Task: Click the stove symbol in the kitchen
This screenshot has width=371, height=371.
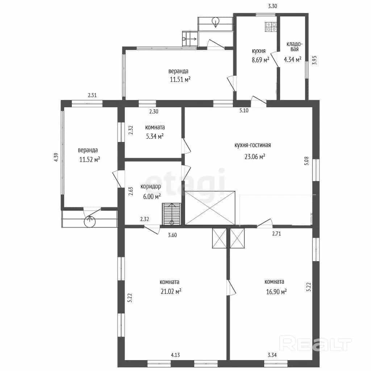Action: click(x=271, y=27)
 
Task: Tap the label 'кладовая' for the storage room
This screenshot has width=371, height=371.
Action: click(x=294, y=47)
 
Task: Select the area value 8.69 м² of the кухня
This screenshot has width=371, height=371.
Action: click(x=260, y=60)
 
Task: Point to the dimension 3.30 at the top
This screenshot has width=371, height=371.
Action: click(x=272, y=6)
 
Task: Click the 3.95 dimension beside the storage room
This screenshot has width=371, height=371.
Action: click(x=314, y=61)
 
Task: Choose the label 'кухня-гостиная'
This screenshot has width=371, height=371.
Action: click(x=253, y=145)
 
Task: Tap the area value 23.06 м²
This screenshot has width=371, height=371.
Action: click(x=255, y=157)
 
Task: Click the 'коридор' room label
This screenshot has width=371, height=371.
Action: click(x=151, y=187)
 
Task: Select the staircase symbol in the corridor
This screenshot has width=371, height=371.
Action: click(x=172, y=214)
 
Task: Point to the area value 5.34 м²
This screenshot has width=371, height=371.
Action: click(x=155, y=136)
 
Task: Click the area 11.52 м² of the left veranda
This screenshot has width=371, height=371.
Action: click(x=89, y=159)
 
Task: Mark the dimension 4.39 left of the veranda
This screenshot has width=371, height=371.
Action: click(x=56, y=157)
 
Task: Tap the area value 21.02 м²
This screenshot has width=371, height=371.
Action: click(x=171, y=291)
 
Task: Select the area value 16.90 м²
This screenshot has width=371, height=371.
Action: click(x=276, y=292)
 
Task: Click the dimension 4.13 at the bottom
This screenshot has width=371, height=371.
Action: click(x=175, y=355)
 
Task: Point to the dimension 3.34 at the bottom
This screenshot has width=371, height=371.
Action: click(x=272, y=355)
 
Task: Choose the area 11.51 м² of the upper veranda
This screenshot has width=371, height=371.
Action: click(x=180, y=79)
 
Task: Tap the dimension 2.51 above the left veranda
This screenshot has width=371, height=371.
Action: click(x=92, y=95)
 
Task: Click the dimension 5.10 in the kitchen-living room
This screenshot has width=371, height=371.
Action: click(x=244, y=110)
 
